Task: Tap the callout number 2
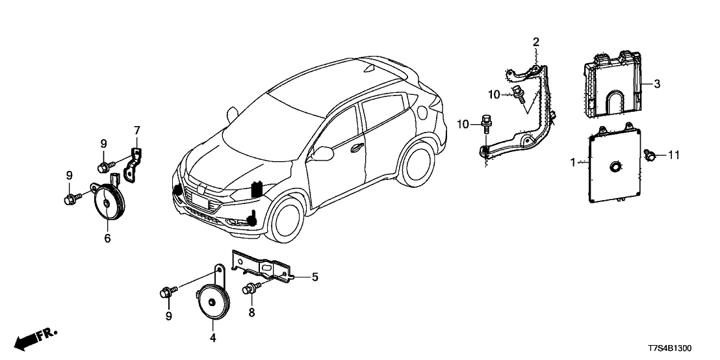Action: [x=536, y=42]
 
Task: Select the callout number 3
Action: [x=657, y=83]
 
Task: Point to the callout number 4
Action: [x=212, y=338]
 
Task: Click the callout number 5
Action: [x=315, y=277]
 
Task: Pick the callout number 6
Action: [x=107, y=238]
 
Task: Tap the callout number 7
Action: [x=137, y=131]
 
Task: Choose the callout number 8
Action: [x=252, y=313]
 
